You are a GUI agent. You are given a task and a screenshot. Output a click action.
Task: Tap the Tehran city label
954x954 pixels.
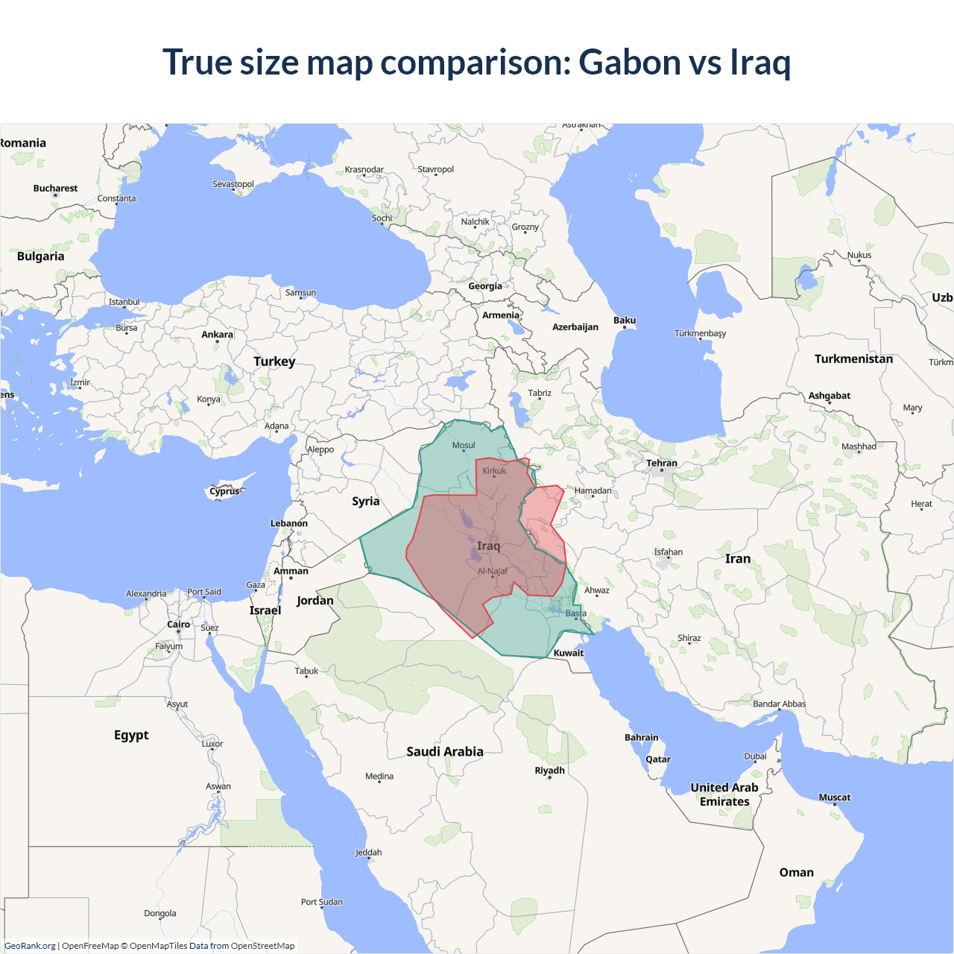tap(662, 463)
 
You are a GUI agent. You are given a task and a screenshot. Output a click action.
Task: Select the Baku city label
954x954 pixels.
tap(625, 320)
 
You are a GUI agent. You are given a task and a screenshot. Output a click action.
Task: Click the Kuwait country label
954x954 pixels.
tap(569, 653)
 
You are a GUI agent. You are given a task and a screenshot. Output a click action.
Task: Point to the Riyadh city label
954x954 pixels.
tap(550, 771)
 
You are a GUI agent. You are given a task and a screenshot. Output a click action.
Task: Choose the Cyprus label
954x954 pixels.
tap(224, 491)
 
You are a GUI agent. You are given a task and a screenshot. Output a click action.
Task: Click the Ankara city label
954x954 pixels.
tap(217, 335)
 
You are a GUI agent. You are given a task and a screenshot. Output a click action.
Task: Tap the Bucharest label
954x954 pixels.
tap(55, 189)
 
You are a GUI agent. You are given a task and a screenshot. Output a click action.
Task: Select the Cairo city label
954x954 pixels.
tap(178, 625)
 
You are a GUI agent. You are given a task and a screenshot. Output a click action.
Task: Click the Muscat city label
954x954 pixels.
tap(834, 797)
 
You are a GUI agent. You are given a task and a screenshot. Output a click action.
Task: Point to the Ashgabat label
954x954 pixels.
tap(830, 396)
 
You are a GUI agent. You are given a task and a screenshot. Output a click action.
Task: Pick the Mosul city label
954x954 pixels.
tap(464, 445)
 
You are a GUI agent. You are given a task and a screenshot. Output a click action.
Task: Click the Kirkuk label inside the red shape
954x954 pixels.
tap(494, 471)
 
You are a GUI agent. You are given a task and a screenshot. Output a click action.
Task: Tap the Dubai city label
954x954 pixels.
tap(755, 756)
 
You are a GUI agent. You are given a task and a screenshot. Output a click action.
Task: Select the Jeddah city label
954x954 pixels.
tap(368, 853)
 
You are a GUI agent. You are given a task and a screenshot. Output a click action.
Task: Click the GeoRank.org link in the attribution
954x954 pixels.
tap(30, 946)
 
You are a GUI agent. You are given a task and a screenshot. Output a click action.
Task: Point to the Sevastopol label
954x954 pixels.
tap(233, 184)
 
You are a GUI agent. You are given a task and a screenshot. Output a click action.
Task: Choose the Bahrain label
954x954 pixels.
tap(641, 738)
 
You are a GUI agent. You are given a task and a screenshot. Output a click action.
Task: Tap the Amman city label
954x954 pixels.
tap(291, 571)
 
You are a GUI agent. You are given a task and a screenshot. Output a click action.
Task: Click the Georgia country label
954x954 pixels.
tap(485, 286)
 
